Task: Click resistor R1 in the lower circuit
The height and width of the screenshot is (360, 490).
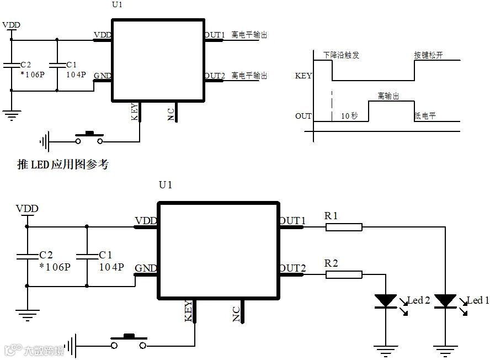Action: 343,226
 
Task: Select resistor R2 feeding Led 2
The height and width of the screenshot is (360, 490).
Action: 343,274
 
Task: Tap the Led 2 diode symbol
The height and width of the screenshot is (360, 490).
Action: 385,301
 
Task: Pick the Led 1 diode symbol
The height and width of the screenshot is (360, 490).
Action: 445,301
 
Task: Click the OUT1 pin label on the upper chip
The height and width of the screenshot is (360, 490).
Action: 215,35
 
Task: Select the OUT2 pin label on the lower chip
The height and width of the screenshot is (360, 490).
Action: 292,269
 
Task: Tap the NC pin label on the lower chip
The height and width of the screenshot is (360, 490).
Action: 236,314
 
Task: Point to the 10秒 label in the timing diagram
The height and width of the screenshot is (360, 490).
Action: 349,116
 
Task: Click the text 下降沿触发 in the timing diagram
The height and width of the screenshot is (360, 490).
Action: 341,55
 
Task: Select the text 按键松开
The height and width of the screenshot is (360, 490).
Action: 428,55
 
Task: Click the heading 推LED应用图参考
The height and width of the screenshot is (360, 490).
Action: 62,165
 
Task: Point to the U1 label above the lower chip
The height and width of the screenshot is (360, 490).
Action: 166,185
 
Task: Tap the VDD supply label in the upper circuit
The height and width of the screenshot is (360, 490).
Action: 12,25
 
